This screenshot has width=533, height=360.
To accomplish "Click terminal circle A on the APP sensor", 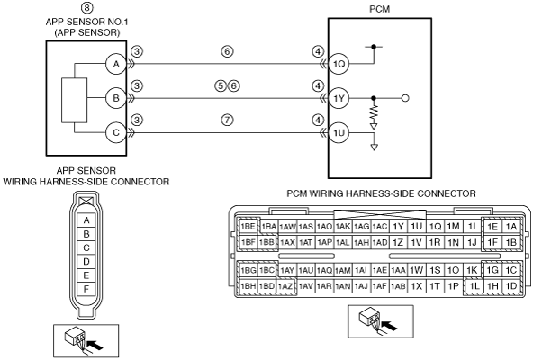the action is point(116,64).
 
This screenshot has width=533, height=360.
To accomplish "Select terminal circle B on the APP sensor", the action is point(116,98).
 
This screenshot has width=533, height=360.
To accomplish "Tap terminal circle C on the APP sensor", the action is point(116,132).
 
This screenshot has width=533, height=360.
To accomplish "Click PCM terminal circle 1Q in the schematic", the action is point(339,64).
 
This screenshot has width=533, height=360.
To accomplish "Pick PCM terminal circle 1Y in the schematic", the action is point(339,98).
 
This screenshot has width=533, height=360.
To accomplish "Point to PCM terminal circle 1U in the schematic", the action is point(339,132).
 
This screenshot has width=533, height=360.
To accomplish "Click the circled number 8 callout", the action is point(87,7).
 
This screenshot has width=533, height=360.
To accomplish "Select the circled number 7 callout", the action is point(228,120).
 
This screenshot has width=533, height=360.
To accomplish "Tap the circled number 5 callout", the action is point(221,85).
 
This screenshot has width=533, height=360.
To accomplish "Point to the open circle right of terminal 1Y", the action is point(405,98).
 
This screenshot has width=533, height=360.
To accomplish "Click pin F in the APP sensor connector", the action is point(86,289).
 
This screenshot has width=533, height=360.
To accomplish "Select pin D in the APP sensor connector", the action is point(86,261).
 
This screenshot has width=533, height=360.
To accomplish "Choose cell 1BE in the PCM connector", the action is point(248,227).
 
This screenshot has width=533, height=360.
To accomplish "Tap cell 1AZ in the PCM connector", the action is point(285,286).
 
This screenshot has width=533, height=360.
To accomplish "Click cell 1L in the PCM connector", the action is point(474,286).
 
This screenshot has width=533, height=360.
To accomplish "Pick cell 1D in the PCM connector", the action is point(510,286).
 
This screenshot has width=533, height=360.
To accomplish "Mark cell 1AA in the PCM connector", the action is point(398,270).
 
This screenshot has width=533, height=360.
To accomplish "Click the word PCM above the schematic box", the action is point(380,9).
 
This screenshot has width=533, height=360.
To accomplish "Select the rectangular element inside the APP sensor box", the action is point(74,100).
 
